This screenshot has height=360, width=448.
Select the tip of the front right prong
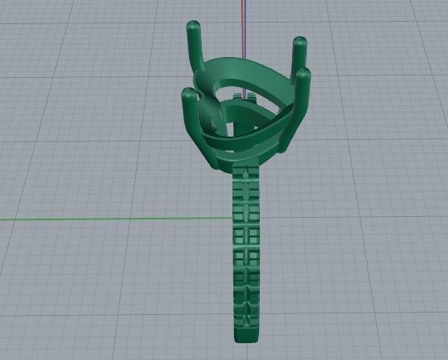(x=303, y=74)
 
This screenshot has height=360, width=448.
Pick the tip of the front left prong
(x=188, y=95)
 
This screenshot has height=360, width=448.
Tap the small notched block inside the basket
(x=245, y=99)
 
